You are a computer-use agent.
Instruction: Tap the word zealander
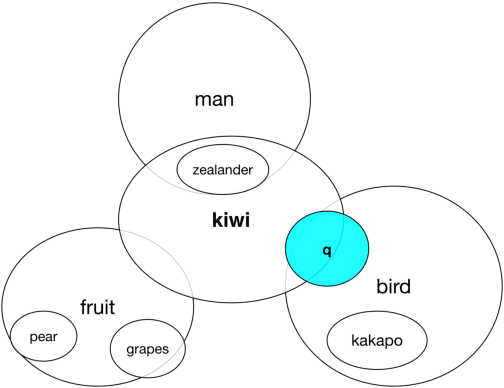pos(223,170)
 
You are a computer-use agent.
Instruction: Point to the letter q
pos(326,250)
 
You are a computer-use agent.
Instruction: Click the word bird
pos(393,287)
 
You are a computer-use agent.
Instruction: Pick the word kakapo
pos(377,340)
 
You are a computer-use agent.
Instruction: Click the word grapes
pos(147,350)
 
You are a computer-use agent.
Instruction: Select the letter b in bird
pos(380,287)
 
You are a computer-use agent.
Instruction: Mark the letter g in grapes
pos(130,351)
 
